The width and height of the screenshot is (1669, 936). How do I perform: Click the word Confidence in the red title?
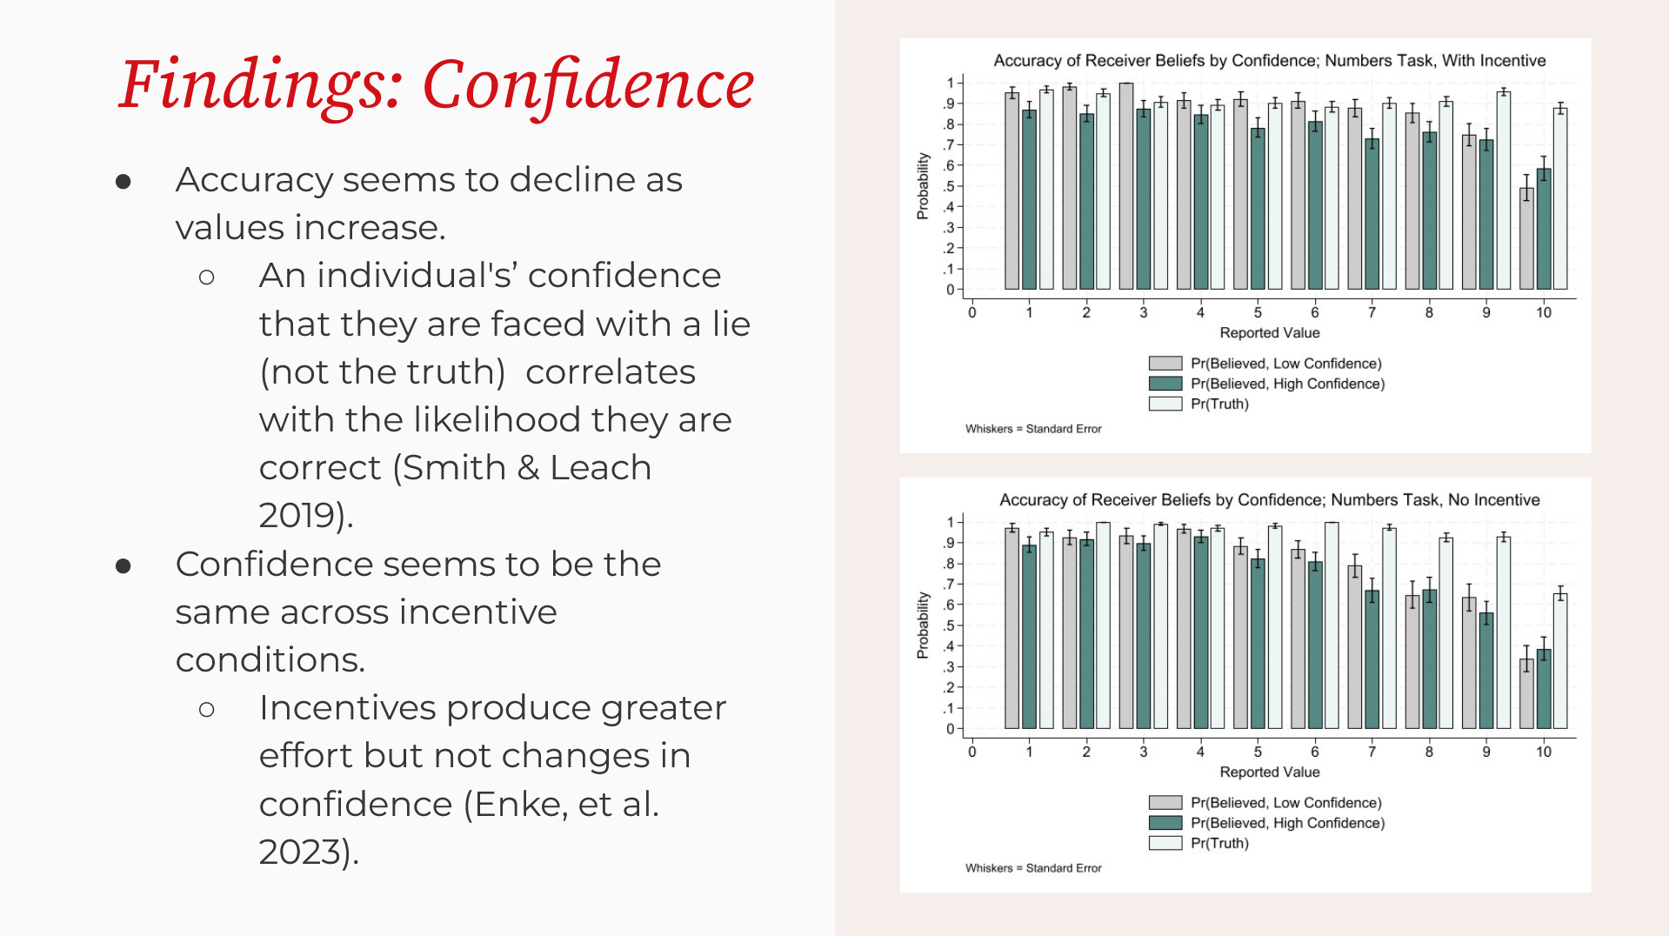pos(588,84)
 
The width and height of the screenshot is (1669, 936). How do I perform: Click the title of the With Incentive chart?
pos(1269,61)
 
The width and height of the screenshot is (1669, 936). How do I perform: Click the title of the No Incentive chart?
pos(1269,500)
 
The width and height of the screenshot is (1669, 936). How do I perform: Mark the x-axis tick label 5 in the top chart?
pos(1258,312)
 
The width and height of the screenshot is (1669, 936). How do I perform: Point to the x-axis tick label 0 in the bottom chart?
pos(972,752)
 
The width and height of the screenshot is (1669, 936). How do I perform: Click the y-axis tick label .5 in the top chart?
pos(950,186)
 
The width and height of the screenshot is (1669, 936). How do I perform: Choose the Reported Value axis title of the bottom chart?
pos(1269,772)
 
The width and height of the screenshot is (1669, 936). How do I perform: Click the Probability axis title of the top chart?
pos(923,186)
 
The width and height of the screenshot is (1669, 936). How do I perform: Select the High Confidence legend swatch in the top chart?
pos(1165,384)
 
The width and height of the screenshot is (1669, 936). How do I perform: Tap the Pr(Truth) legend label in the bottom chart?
pos(1219,843)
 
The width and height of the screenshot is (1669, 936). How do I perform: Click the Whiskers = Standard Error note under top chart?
pos(1033,429)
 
